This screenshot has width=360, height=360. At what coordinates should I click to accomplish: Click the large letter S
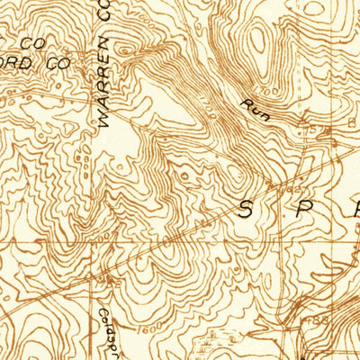(x=246, y=211)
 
